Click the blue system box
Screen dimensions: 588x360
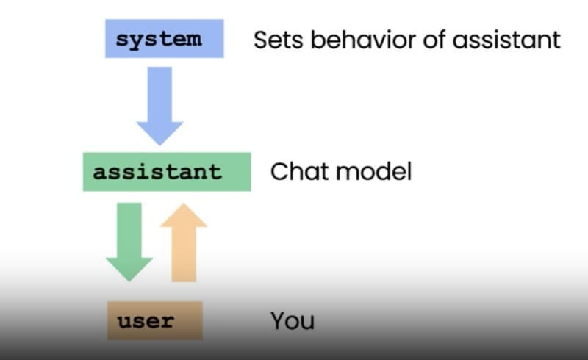(x=164, y=39)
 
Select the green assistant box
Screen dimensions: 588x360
(x=166, y=172)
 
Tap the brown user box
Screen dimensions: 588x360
(x=154, y=321)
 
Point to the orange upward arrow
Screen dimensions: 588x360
(x=183, y=242)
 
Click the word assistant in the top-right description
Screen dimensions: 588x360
(x=506, y=40)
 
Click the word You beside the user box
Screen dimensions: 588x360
(x=292, y=321)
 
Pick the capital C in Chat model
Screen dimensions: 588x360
(x=279, y=172)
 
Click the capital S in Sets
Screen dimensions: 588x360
(x=261, y=40)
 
